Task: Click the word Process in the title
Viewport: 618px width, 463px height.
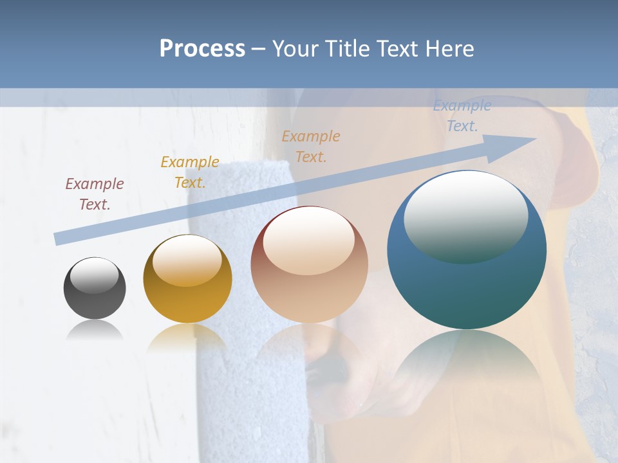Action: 202,49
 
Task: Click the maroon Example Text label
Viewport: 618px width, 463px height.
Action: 95,194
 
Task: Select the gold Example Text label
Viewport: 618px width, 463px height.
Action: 190,172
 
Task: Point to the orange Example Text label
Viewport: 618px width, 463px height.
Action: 311,146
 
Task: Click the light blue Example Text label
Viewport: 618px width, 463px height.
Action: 462,116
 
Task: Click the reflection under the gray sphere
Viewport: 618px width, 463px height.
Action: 95,331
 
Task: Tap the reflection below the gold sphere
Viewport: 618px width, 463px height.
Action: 187,337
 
